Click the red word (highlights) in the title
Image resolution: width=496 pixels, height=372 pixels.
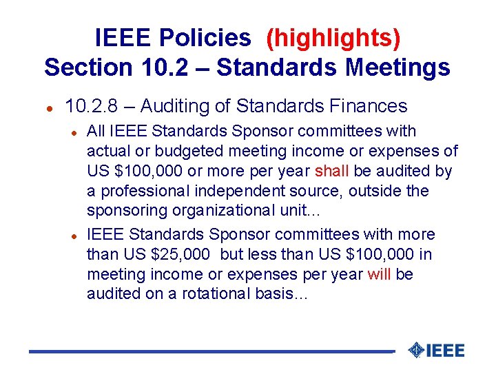coord(333,38)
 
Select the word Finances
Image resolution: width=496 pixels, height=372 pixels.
coord(369,106)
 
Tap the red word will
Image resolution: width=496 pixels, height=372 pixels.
coord(379,274)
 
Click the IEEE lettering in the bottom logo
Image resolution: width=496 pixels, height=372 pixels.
coord(446,351)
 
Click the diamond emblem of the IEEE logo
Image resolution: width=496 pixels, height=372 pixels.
coord(416,350)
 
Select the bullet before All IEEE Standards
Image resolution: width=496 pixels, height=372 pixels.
coord(73,132)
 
